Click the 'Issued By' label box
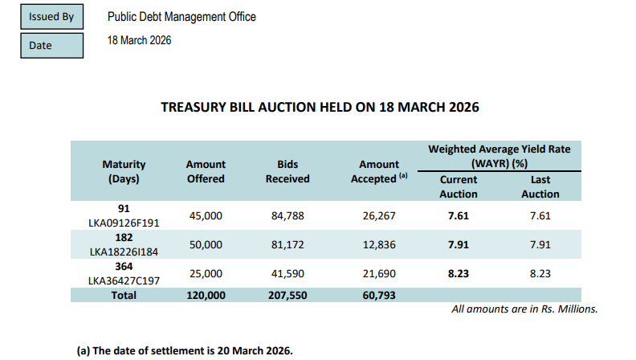(51, 16)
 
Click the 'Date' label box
(51, 46)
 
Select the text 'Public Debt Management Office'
(182, 17)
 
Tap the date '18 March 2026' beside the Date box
(139, 40)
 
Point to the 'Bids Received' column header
(287, 171)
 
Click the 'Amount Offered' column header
(206, 171)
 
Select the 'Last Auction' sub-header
(540, 186)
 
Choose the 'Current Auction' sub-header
(459, 186)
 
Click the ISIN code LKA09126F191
(124, 223)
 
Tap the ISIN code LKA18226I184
(124, 252)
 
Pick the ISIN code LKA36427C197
(124, 280)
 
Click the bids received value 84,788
(287, 215)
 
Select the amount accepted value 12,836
(373, 244)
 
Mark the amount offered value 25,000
(206, 273)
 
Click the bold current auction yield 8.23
(458, 273)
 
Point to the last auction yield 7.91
(540, 244)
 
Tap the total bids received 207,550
(287, 295)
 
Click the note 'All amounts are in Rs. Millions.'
(524, 309)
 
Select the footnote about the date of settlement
(185, 350)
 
